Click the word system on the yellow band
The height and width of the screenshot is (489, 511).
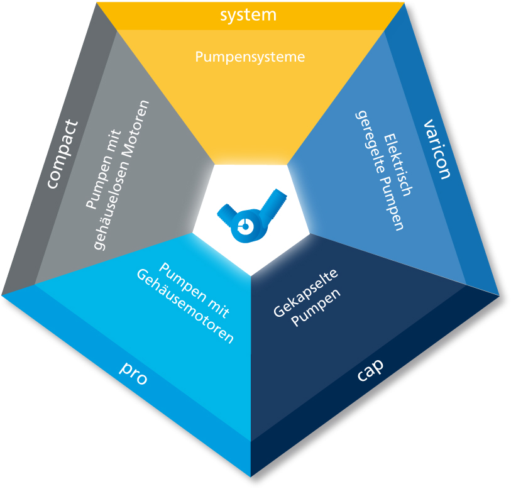click(x=248, y=15)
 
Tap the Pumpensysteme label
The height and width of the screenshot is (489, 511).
click(x=250, y=57)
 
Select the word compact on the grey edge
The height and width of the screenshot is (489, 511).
click(x=63, y=154)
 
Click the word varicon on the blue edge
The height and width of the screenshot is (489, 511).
click(x=437, y=150)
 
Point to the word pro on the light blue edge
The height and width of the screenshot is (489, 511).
click(x=134, y=373)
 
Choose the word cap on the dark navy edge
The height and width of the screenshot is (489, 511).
click(x=370, y=370)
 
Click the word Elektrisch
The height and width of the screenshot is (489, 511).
click(x=397, y=164)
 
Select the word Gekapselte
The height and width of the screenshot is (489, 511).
click(x=305, y=293)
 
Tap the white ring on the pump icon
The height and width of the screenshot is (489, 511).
click(x=244, y=225)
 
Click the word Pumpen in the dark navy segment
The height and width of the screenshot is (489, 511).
click(x=316, y=307)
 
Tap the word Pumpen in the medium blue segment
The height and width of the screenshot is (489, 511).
click(x=392, y=204)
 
